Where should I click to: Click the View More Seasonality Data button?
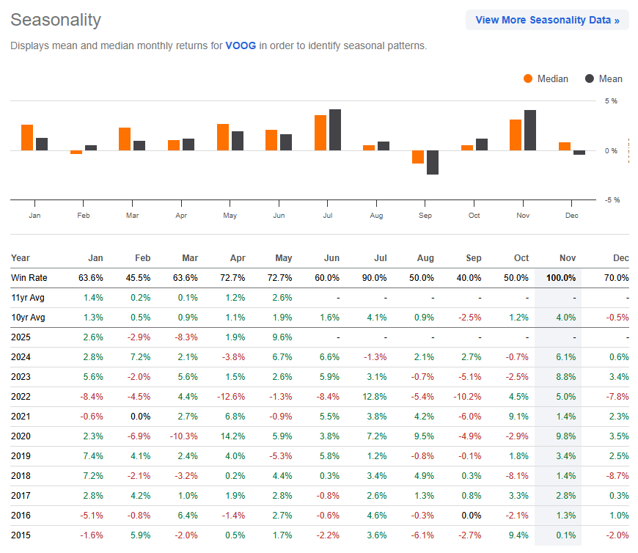[547, 20]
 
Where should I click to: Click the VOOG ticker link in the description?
[241, 45]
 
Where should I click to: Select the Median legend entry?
[546, 78]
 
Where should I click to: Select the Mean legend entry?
[604, 78]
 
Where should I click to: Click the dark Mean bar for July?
[335, 130]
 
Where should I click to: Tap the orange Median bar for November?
[516, 135]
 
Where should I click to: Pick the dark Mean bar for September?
[433, 162]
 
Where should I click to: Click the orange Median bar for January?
[27, 137]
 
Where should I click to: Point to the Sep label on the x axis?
[425, 215]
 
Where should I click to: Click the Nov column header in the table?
[567, 258]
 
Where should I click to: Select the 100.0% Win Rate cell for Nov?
[560, 278]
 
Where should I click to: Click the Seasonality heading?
[56, 20]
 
